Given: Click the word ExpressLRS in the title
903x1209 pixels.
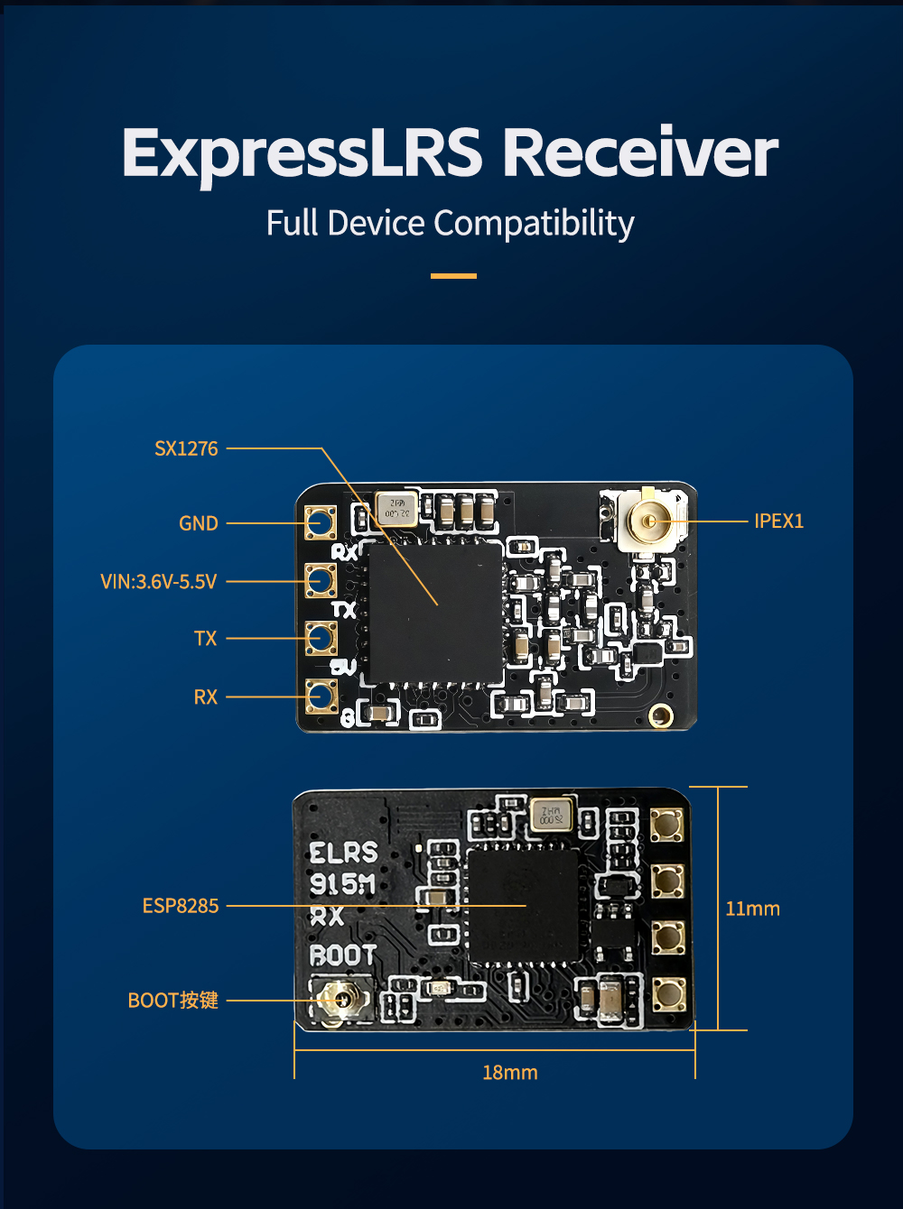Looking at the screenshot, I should click(x=303, y=153).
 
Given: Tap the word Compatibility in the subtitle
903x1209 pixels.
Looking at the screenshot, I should click(x=535, y=224).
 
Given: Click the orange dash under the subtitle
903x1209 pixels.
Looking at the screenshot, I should click(x=453, y=276).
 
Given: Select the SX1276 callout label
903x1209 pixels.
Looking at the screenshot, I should click(x=186, y=448).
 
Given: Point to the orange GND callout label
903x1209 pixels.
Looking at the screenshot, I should click(x=199, y=523).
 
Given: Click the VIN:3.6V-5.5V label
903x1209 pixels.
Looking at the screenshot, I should click(x=159, y=582).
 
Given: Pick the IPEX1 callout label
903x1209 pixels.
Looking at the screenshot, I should click(x=778, y=521).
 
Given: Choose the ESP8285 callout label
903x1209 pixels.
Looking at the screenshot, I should click(x=181, y=906).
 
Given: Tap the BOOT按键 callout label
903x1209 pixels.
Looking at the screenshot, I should click(x=173, y=1001).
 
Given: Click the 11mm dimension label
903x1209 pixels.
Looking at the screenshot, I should click(x=752, y=909).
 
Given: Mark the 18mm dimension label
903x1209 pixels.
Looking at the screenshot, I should click(x=510, y=1073).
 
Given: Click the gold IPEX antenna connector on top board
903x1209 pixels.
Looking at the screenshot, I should click(x=648, y=521).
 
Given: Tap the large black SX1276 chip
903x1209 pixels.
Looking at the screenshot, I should click(x=434, y=612).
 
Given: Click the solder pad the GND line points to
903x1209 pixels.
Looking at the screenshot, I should click(x=321, y=522).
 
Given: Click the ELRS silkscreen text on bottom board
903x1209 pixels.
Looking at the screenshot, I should click(x=343, y=854).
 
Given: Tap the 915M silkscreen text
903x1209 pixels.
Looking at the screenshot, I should click(x=342, y=884).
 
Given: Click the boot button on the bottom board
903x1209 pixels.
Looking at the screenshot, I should click(x=340, y=1000).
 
